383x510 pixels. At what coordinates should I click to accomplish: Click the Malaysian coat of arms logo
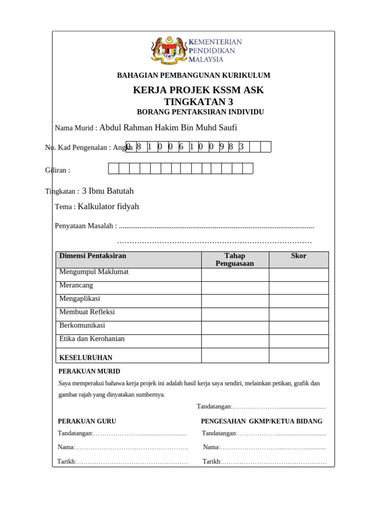pyautogui.click(x=168, y=50)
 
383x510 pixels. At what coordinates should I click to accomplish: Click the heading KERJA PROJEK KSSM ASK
pyautogui.click(x=198, y=90)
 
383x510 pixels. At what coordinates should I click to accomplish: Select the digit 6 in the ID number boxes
pyautogui.click(x=181, y=146)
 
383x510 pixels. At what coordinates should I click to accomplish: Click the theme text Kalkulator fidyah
pyautogui.click(x=109, y=206)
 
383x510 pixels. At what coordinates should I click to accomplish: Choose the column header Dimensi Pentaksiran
pyautogui.click(x=93, y=256)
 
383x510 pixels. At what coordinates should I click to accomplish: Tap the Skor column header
pyautogui.click(x=299, y=256)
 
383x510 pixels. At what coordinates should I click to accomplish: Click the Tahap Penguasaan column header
pyautogui.click(x=235, y=259)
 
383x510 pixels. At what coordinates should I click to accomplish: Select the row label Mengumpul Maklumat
pyautogui.click(x=94, y=272)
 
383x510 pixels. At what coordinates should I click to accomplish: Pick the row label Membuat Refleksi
pyautogui.click(x=87, y=312)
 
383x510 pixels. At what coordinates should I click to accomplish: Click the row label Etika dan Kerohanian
pyautogui.click(x=92, y=339)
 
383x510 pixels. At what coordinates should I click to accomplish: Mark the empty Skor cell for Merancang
pyautogui.click(x=299, y=288)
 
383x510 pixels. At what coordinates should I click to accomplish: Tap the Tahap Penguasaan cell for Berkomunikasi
pyautogui.click(x=235, y=328)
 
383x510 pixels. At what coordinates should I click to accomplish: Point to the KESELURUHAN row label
pyautogui.click(x=86, y=358)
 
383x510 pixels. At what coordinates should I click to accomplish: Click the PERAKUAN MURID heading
pyautogui.click(x=89, y=372)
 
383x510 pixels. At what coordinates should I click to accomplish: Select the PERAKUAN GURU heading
pyautogui.click(x=87, y=421)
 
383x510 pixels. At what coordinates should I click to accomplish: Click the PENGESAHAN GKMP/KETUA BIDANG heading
pyautogui.click(x=261, y=421)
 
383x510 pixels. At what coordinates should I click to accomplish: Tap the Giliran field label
pyautogui.click(x=58, y=170)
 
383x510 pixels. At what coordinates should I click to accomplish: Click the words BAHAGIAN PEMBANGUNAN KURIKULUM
pyautogui.click(x=193, y=75)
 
